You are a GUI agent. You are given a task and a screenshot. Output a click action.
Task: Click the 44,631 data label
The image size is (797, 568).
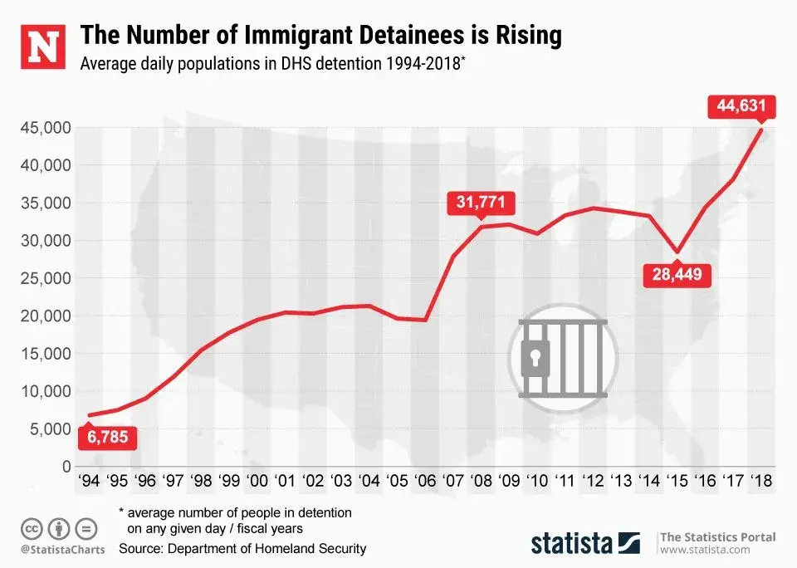click(x=741, y=106)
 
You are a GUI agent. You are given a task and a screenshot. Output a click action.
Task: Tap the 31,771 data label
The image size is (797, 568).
click(x=480, y=202)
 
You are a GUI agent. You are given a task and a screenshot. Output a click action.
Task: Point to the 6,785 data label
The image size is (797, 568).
click(x=104, y=436)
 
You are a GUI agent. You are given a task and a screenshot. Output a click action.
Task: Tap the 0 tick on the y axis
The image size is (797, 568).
click(x=66, y=467)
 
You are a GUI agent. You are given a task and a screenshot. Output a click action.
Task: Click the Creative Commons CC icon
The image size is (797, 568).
click(x=32, y=528)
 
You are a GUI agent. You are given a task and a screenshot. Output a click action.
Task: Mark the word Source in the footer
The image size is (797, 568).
click(x=141, y=549)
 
